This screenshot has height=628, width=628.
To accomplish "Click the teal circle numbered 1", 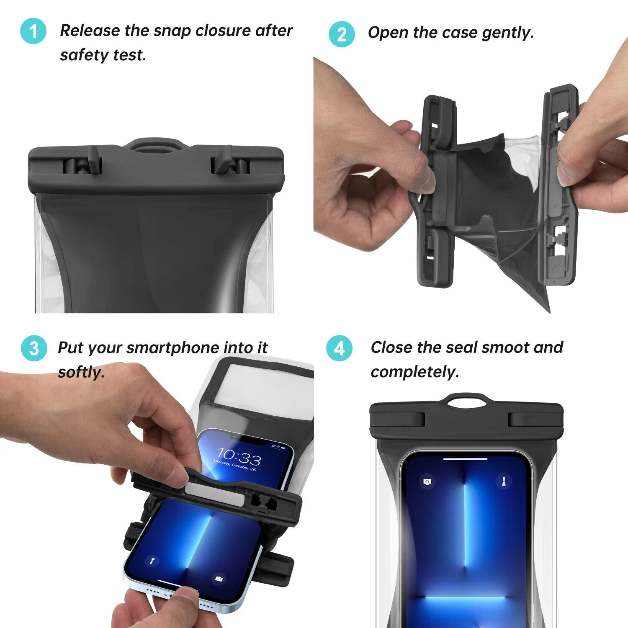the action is click(33, 31).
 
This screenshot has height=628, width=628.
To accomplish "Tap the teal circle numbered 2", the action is click(342, 34).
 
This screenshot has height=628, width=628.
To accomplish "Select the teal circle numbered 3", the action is click(34, 348).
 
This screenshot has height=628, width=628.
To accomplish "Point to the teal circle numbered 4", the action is click(340, 348).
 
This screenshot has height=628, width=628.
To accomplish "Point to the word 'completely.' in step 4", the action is click(415, 372).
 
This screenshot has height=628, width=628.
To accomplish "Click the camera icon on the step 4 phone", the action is click(427, 482).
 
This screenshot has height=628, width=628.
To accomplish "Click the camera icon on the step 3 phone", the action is click(219, 579).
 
